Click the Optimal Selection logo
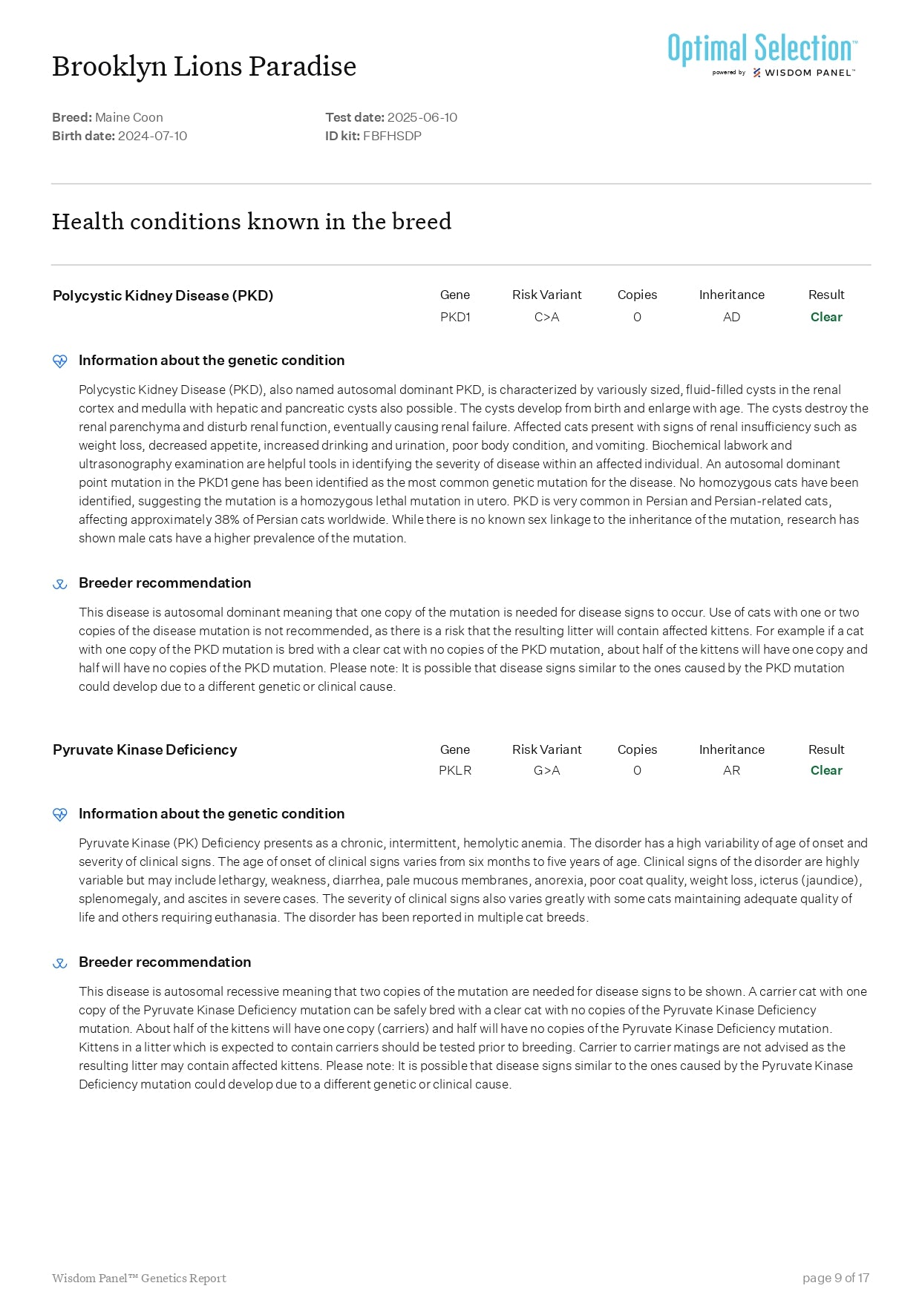[x=762, y=54]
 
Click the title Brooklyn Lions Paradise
[x=204, y=66]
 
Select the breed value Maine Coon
[x=128, y=117]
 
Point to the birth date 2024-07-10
[x=152, y=136]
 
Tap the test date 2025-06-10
[x=422, y=117]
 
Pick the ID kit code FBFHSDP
[x=392, y=136]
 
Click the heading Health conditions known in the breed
[x=252, y=221]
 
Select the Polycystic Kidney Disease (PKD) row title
[x=163, y=295]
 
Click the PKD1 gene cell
[x=455, y=317]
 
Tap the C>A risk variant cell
[x=546, y=317]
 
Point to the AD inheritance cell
[x=731, y=317]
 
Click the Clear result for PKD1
[x=826, y=317]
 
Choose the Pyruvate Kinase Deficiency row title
[x=145, y=749]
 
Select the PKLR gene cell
[x=455, y=770]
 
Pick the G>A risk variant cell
[x=546, y=770]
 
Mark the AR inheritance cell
[x=731, y=770]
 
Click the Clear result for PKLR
[x=826, y=770]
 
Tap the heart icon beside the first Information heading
[x=60, y=361]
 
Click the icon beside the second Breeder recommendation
[x=60, y=963]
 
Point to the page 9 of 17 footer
[x=835, y=1278]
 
